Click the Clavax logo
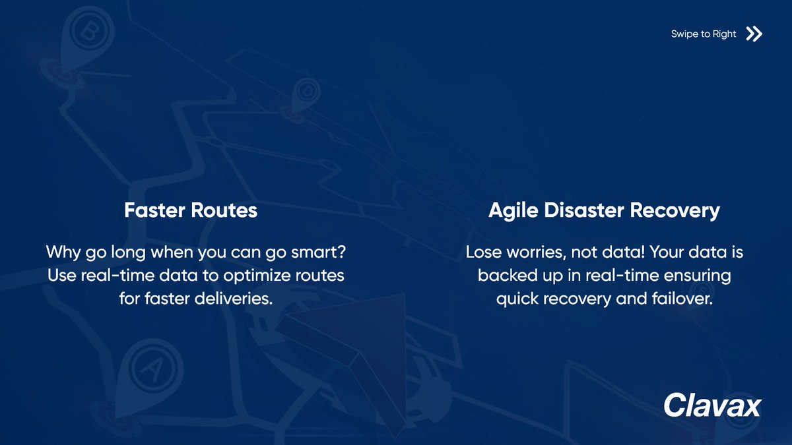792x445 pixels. (712, 405)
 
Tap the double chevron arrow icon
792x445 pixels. (754, 34)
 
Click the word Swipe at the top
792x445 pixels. (684, 34)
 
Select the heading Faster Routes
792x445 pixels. (191, 210)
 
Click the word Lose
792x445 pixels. (483, 252)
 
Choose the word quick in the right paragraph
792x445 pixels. (517, 298)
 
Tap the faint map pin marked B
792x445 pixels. (86, 32)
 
